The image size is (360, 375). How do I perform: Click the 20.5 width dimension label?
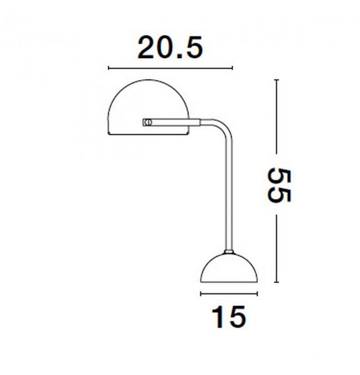(171, 47)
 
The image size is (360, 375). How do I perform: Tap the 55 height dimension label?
(279, 186)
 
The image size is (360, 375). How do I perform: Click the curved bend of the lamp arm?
(222, 127)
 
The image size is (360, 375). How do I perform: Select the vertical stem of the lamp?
(229, 196)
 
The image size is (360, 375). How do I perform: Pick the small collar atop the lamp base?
(229, 251)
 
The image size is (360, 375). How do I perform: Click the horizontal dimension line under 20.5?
(171, 68)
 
